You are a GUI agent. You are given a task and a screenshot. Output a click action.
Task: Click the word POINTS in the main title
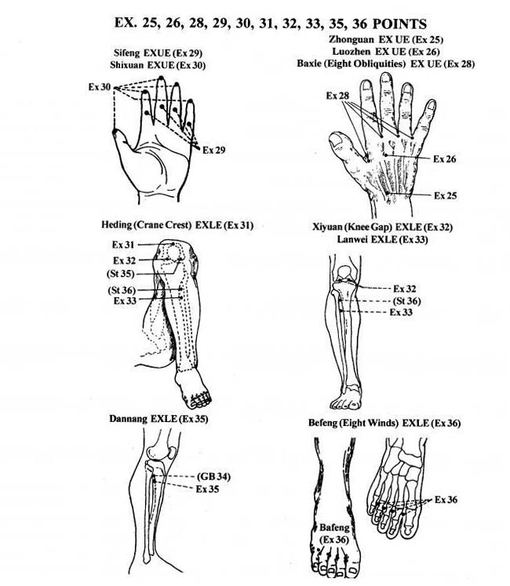click(399, 24)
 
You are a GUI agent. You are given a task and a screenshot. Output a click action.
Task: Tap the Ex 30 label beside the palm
click(100, 87)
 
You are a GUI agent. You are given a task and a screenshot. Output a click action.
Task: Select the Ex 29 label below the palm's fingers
click(214, 151)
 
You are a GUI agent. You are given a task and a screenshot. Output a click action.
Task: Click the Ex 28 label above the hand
click(337, 96)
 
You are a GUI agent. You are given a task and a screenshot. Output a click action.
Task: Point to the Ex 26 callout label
click(445, 159)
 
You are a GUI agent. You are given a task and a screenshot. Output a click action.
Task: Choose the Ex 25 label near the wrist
click(445, 196)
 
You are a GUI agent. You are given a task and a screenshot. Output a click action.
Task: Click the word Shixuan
click(127, 65)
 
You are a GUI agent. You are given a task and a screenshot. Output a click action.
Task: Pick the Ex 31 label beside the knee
click(123, 245)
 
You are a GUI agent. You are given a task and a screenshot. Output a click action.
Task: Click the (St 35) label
click(120, 274)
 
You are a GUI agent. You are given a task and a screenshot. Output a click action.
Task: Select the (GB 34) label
click(213, 477)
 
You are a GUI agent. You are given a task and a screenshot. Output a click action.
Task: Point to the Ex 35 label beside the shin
click(207, 490)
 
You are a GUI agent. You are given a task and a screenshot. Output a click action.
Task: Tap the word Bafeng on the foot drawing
click(335, 528)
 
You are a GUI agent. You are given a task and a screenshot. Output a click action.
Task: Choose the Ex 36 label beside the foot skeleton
click(446, 500)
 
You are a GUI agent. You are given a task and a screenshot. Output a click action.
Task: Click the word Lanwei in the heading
click(352, 239)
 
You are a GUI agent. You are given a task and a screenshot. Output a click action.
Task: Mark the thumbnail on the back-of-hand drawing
click(336, 140)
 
